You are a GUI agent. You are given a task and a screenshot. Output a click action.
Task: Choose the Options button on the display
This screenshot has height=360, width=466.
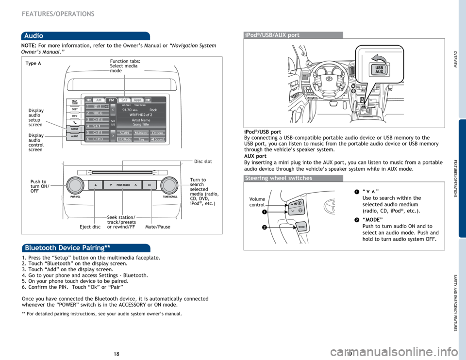[157, 132]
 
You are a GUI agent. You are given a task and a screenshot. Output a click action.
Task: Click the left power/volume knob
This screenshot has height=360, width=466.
[75, 185]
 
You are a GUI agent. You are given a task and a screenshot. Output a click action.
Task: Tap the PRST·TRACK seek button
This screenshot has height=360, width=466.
[123, 185]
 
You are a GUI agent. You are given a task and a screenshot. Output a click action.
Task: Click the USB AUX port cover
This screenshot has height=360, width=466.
[378, 67]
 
